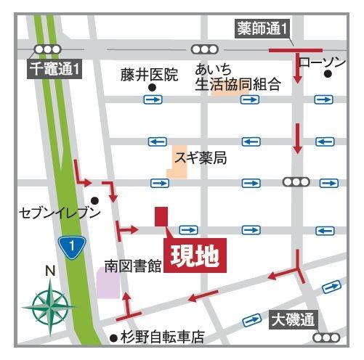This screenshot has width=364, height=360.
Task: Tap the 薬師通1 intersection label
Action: (x=263, y=30)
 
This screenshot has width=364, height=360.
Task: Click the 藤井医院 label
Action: (x=150, y=74)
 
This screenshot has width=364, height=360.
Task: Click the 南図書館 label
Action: (x=132, y=266)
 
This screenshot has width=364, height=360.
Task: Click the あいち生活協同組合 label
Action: (x=238, y=78)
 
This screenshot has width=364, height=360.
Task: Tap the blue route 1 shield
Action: (x=71, y=246)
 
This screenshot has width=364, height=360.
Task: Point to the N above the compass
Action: (x=49, y=271)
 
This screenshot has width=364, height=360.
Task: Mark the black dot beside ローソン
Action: (x=328, y=74)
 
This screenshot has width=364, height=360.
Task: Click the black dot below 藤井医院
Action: (x=152, y=88)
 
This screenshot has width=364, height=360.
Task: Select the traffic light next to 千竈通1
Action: (x=48, y=49)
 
